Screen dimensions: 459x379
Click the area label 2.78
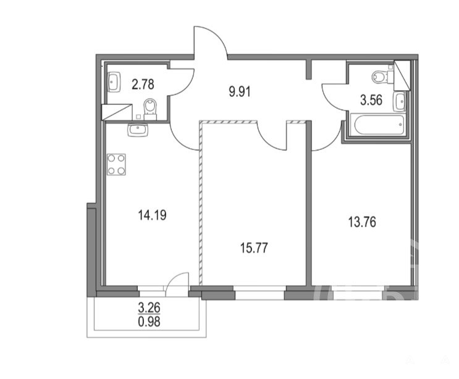click(x=143, y=85)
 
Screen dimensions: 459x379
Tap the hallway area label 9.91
click(x=240, y=92)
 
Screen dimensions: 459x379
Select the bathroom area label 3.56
click(x=371, y=100)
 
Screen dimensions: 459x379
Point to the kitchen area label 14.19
click(x=152, y=215)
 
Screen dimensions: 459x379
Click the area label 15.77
click(x=254, y=248)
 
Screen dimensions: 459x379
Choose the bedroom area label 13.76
click(x=362, y=222)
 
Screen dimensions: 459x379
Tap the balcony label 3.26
click(x=149, y=307)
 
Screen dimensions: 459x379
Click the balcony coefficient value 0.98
click(x=149, y=322)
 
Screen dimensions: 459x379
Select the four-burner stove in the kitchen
click(x=116, y=165)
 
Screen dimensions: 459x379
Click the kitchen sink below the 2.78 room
click(x=138, y=130)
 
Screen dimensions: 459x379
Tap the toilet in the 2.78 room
click(x=151, y=109)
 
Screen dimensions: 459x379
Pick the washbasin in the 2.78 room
click(x=114, y=82)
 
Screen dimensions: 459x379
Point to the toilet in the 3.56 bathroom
click(x=382, y=77)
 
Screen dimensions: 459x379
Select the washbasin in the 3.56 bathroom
click(x=400, y=101)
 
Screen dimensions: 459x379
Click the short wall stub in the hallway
click(x=308, y=70)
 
